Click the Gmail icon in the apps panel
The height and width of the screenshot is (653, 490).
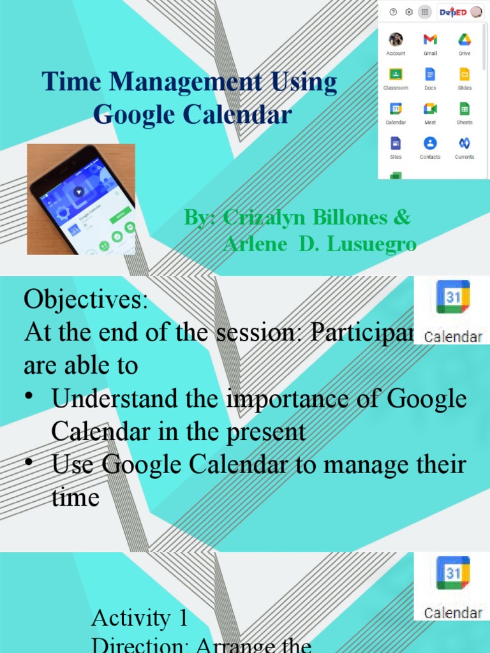pyautogui.click(x=430, y=40)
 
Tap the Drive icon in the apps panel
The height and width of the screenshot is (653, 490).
pyautogui.click(x=464, y=40)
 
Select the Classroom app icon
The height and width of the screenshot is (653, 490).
pyautogui.click(x=396, y=74)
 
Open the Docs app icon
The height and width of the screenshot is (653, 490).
pyautogui.click(x=430, y=74)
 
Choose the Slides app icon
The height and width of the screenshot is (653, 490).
pyautogui.click(x=464, y=74)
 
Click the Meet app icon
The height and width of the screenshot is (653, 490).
pyautogui.click(x=430, y=108)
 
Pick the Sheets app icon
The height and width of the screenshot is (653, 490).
pyautogui.click(x=464, y=108)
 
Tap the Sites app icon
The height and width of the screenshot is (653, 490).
pyautogui.click(x=396, y=143)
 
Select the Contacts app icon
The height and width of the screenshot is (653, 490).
pyautogui.click(x=430, y=143)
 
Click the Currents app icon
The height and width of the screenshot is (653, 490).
pyautogui.click(x=464, y=143)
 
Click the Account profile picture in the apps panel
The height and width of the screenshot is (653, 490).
pyautogui.click(x=396, y=40)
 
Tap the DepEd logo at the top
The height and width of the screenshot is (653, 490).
pyautogui.click(x=454, y=11)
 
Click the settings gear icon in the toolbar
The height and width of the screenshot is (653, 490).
pyautogui.click(x=409, y=11)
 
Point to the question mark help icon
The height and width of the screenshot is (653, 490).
pyautogui.click(x=393, y=11)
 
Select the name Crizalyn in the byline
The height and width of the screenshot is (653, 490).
pyautogui.click(x=264, y=217)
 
